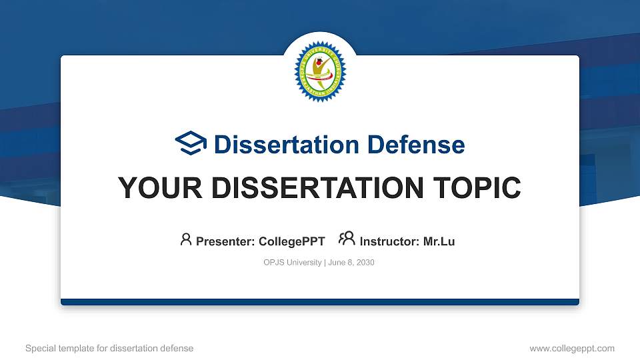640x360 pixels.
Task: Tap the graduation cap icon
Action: [191, 143]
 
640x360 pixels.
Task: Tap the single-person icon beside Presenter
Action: [186, 239]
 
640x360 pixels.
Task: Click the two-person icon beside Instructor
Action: [347, 239]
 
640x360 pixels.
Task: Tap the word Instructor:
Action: [389, 241]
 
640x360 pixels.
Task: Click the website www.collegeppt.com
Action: [572, 348]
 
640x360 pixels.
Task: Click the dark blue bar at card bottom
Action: [319, 302]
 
